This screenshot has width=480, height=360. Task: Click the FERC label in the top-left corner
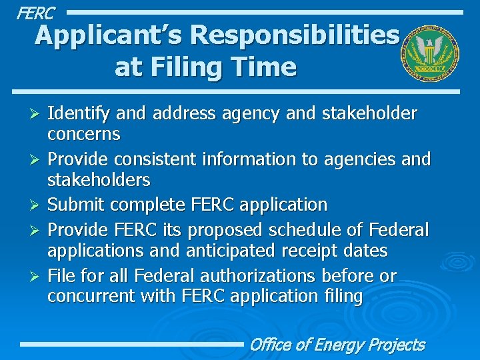click(35, 12)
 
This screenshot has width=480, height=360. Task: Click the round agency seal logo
click(429, 55)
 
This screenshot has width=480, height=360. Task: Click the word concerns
click(83, 134)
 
